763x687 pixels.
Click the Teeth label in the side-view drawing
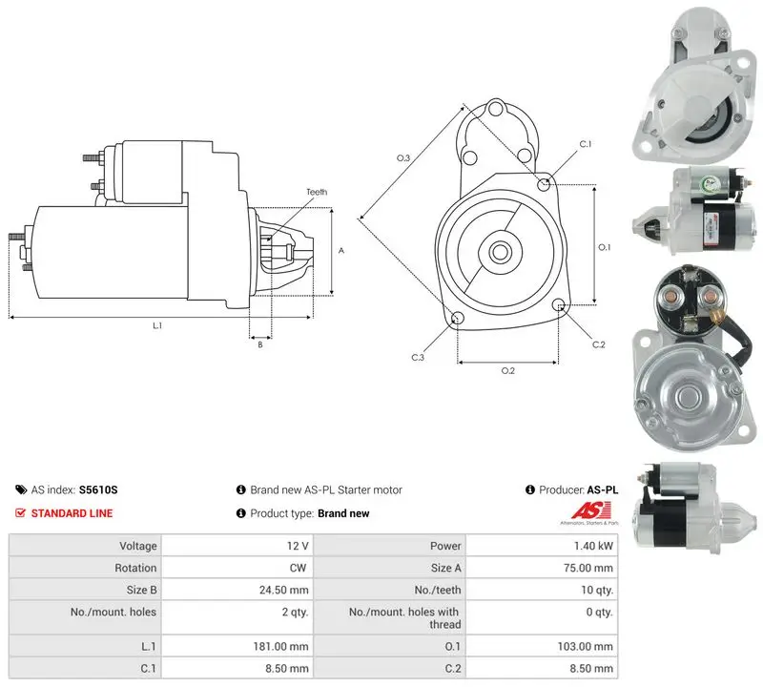(x=317, y=192)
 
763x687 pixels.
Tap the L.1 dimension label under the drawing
(x=157, y=325)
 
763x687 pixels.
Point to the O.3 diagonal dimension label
(x=403, y=157)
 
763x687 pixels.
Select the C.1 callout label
(x=586, y=144)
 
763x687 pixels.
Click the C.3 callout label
(x=418, y=358)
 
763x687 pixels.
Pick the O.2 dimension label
(x=508, y=371)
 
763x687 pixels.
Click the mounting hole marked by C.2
(x=559, y=305)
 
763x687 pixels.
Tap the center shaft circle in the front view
(x=499, y=252)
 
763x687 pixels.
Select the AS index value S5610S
(x=98, y=489)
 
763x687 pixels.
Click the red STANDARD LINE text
(x=72, y=513)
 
